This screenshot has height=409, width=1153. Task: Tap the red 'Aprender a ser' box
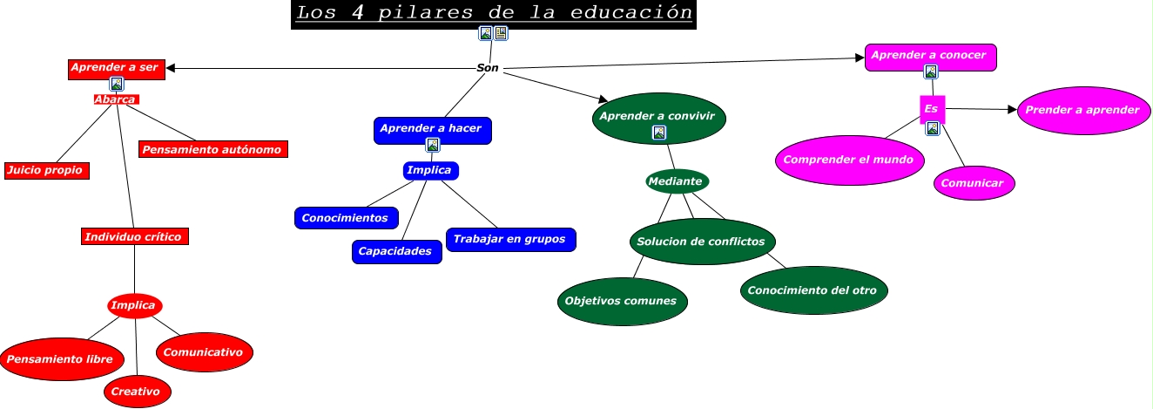point(116,68)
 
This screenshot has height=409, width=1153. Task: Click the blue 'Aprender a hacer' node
point(433,128)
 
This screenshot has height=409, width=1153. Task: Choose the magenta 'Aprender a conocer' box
point(930,56)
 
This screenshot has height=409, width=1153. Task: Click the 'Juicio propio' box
point(47,170)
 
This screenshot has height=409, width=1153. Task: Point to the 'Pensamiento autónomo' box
point(212,149)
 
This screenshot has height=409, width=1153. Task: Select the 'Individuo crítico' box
point(134,236)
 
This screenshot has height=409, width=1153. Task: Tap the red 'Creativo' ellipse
point(137,392)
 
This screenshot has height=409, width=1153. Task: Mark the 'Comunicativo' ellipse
point(205,351)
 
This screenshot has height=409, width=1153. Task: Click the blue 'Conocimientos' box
point(347,218)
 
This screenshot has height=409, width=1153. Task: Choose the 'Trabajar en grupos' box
point(511,239)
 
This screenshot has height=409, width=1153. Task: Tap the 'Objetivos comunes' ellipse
point(622,301)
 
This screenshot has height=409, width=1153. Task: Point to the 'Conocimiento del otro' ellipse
point(813,290)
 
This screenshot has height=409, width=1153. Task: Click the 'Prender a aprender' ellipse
point(1082,110)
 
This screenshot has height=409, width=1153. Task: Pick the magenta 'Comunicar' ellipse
point(975,183)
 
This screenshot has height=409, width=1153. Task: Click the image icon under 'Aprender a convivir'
point(659,133)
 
